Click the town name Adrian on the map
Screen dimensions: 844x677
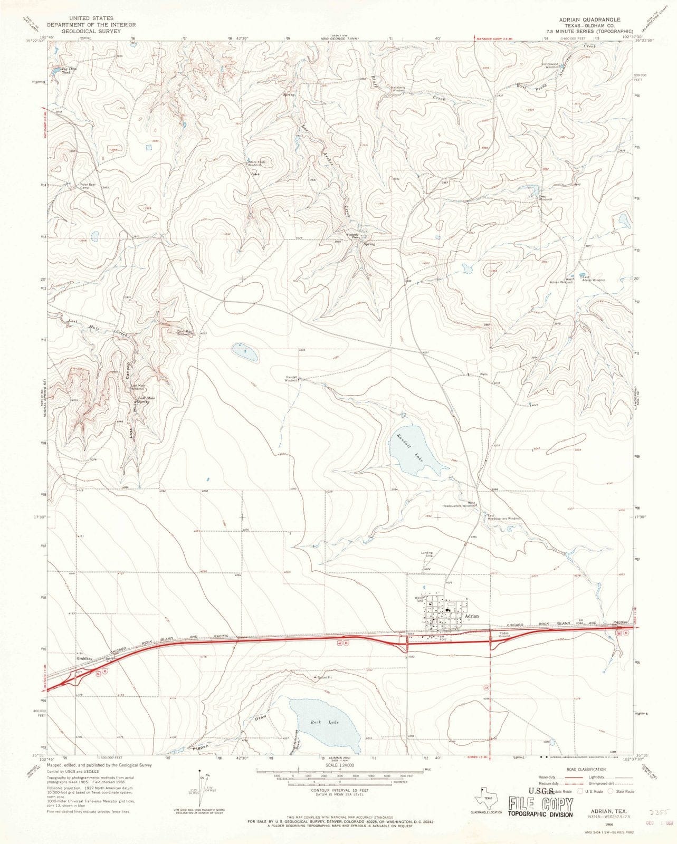471,616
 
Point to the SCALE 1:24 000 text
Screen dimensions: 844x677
340,764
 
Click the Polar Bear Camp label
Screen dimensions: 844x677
87,186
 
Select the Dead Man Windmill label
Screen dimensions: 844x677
184,333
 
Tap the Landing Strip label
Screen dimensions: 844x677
426,554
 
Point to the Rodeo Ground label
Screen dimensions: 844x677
499,635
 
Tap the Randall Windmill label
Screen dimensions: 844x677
292,378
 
